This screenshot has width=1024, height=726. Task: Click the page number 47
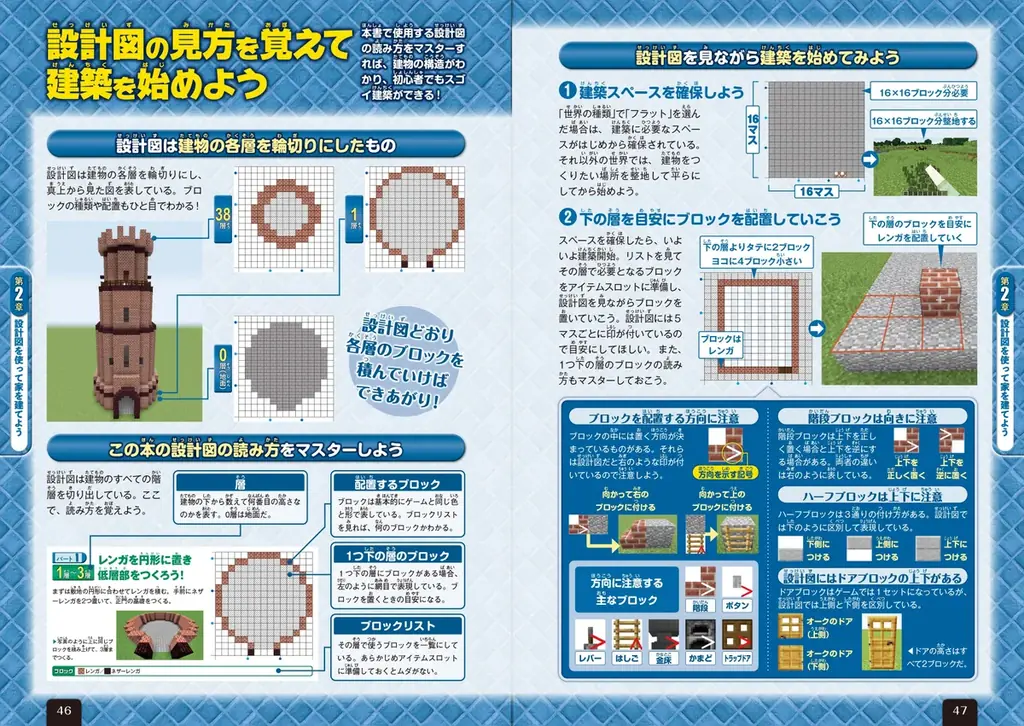coord(961,708)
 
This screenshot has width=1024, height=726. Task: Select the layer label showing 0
coord(224,356)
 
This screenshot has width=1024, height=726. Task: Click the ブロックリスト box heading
coord(398,625)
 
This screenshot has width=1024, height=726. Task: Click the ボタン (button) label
coord(737,605)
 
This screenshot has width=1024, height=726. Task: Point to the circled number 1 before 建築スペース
coord(566,92)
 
